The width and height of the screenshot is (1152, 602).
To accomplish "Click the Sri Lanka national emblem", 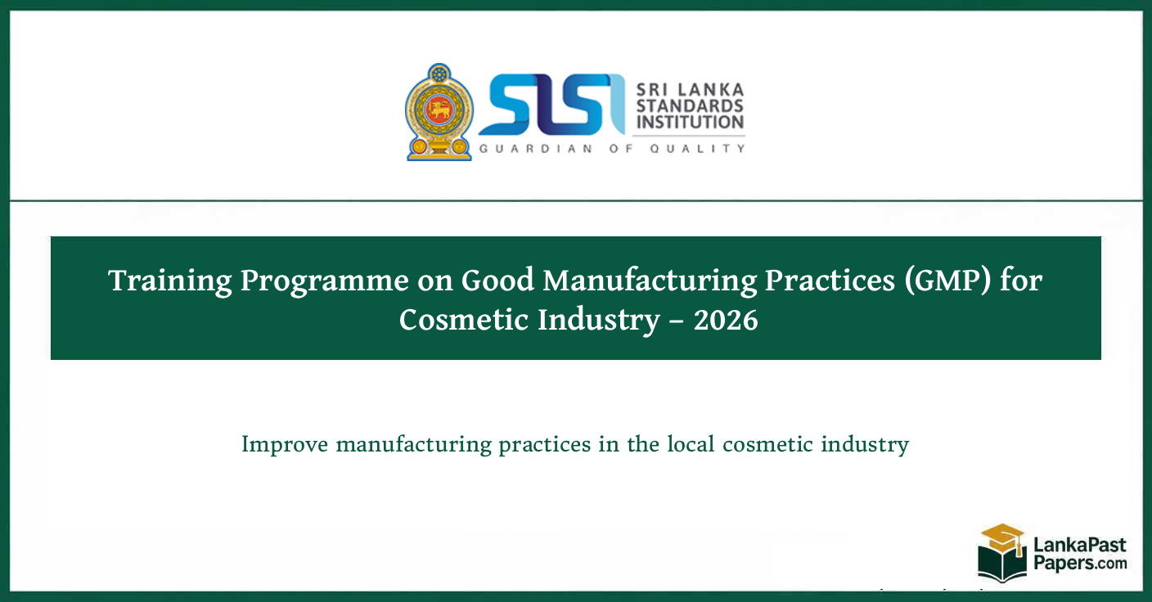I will [x=439, y=111].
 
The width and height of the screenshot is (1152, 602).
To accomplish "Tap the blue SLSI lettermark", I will [x=545, y=105].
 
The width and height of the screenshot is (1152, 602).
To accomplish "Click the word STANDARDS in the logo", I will [x=690, y=106].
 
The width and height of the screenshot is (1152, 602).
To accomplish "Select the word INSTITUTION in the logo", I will [x=690, y=123].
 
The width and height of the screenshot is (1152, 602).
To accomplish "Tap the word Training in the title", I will [x=170, y=281].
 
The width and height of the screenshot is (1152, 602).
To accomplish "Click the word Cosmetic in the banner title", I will [x=463, y=320].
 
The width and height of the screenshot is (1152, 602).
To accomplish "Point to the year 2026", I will [x=726, y=321].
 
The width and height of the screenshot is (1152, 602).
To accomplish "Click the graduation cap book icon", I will [x=1001, y=552].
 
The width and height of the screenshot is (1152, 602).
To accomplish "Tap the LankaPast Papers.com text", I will [x=1079, y=554].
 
